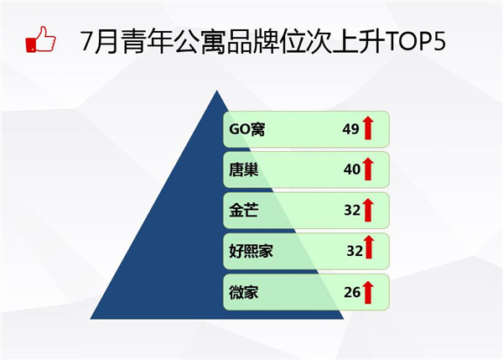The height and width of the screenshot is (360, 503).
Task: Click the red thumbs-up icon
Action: coord(41,39)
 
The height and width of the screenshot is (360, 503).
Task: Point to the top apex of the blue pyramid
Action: coord(217,91)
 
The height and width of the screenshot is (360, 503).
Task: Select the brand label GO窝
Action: coord(246,129)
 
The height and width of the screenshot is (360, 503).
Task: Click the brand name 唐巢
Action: coord(243,170)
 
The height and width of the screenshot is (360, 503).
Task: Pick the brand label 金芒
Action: coord(243,211)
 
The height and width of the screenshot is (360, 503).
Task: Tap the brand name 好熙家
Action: coord(251,251)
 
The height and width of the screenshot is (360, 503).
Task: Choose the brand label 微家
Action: coord(243,292)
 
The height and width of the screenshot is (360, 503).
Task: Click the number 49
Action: coord(350,129)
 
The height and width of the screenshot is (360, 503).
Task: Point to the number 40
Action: coord(352,170)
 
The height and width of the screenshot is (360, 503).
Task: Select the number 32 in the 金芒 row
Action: coord(352,210)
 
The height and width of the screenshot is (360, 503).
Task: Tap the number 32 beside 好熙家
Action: coord(355,251)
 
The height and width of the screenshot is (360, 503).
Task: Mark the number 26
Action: coord(352,292)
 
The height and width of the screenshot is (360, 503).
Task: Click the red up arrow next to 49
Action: coord(368,128)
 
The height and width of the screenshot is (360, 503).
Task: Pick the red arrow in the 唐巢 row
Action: coord(368,169)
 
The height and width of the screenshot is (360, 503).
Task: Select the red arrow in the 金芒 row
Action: coord(368,210)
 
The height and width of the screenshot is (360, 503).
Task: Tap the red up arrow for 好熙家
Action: coord(369,247)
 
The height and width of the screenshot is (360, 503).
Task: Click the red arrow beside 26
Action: coord(368,292)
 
